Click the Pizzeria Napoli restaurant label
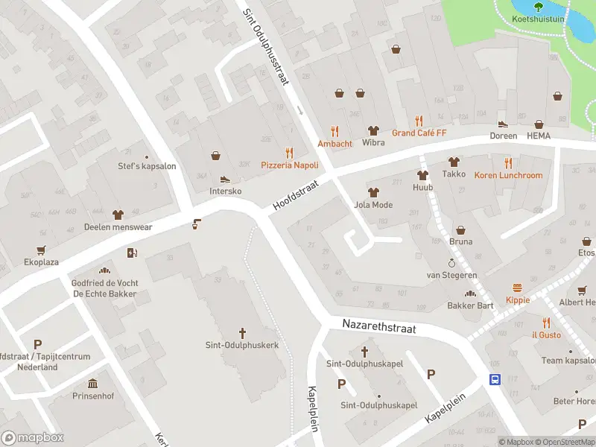click(x=289, y=165)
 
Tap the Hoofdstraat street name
click(x=295, y=193)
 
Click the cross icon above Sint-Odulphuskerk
click(x=242, y=332)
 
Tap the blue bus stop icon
click(x=494, y=379)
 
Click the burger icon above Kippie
click(x=517, y=288)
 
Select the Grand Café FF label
click(x=419, y=133)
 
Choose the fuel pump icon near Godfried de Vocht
click(x=133, y=253)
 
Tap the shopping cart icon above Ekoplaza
click(x=40, y=250)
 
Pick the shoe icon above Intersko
click(x=225, y=179)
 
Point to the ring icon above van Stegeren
click(x=451, y=263)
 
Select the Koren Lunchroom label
click(x=509, y=175)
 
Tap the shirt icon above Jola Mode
click(x=373, y=192)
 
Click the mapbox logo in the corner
click(x=33, y=437)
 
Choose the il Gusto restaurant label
click(x=546, y=335)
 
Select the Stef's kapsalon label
click(x=147, y=166)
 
